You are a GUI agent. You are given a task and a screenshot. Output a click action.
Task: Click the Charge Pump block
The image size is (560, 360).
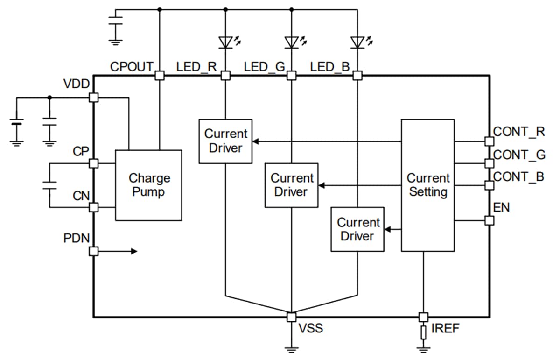(148, 185)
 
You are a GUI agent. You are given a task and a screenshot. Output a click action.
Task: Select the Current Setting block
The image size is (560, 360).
(427, 185)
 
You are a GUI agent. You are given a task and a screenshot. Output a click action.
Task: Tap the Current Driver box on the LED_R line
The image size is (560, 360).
(226, 141)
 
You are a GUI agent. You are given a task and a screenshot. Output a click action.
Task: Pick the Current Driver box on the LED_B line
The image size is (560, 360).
(357, 229)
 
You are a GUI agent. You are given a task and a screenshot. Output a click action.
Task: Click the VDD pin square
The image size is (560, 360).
(93, 97)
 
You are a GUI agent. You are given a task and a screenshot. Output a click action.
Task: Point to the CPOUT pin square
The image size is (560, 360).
(160, 75)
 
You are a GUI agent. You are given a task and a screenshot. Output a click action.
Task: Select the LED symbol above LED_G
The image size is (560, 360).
(292, 42)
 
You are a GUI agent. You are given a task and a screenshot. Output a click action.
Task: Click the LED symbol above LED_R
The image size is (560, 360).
(226, 42)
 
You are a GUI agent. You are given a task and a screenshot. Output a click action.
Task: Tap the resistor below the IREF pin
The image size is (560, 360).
(423, 332)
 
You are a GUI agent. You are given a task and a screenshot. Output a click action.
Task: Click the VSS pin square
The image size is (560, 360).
(292, 317)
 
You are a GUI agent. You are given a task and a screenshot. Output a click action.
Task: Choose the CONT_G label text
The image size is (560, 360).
(518, 155)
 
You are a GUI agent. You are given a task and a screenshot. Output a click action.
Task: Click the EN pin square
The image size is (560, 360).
(489, 220)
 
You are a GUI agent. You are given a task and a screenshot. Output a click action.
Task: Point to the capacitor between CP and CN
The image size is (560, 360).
(49, 185)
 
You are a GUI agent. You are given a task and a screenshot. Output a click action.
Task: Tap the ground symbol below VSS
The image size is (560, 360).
(292, 349)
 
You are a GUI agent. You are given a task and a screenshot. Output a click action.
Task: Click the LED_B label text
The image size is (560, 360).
(330, 67)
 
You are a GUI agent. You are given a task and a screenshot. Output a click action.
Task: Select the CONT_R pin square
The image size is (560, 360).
(489, 141)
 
